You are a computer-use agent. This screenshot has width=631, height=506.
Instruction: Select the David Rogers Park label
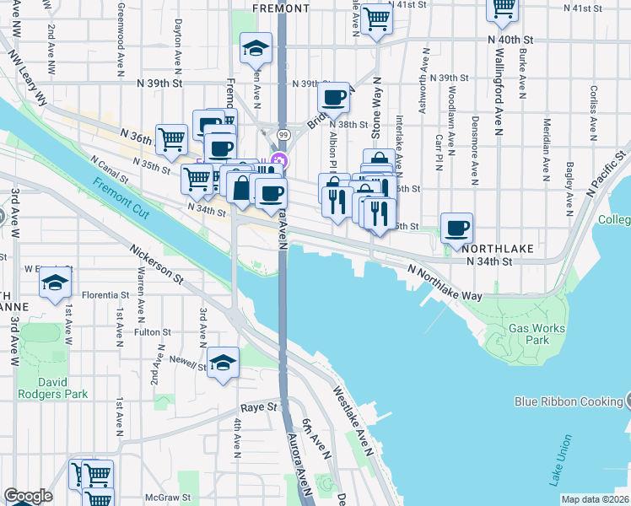coord(52,387)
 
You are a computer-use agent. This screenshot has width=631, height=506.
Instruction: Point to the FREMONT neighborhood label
coord(281,8)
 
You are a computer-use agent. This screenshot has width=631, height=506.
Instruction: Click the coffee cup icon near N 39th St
coord(334,97)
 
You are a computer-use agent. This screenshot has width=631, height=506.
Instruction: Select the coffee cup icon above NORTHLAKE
coord(456,227)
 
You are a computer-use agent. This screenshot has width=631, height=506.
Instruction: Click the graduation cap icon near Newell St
coord(223,363)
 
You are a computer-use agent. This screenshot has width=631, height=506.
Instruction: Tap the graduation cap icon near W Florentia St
coord(55,281)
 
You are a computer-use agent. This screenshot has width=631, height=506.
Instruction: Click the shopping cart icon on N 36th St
coord(171,138)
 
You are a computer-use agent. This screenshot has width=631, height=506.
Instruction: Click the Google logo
coord(28,496)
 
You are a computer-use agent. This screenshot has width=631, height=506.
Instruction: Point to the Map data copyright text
coord(596,499)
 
